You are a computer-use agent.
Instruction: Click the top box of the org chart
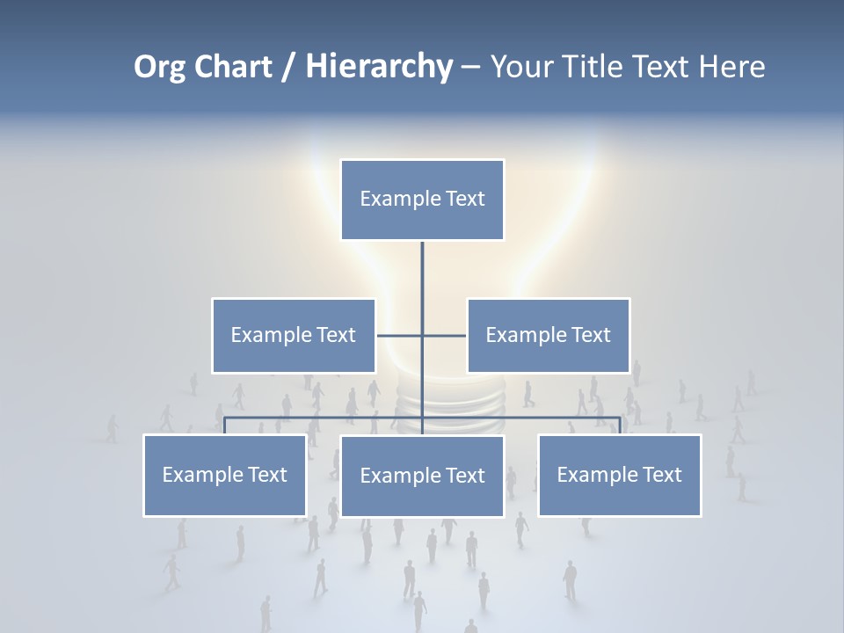422,200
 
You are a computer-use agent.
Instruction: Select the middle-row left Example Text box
294,335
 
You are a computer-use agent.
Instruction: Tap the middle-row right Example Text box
549,335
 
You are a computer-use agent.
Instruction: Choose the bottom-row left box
225,475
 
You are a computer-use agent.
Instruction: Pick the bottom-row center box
422,476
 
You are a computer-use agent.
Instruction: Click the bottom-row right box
620,475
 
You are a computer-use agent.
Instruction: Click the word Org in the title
159,67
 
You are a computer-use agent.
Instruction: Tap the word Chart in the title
233,67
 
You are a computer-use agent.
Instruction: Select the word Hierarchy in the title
379,67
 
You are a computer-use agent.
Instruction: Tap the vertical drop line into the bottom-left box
225,426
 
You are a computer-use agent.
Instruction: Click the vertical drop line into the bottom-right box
620,426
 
